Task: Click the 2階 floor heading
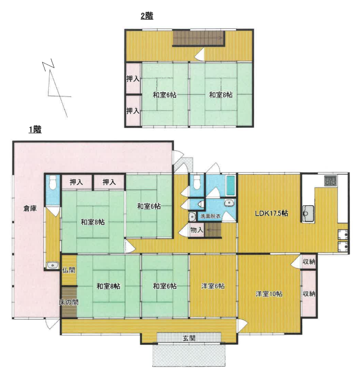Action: click(147, 16)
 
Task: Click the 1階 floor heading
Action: click(35, 130)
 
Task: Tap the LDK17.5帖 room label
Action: click(271, 213)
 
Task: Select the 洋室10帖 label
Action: click(269, 294)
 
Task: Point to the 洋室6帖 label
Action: click(213, 286)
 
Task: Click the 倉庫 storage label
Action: click(30, 209)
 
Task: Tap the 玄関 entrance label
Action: click(189, 338)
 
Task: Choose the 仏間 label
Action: click(69, 270)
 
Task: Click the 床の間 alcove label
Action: click(69, 302)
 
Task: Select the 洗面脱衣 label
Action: click(211, 217)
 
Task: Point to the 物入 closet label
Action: click(197, 229)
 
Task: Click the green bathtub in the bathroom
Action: click(230, 186)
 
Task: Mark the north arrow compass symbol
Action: click(57, 90)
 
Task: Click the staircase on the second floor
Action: click(199, 38)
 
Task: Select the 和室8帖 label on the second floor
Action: click(221, 95)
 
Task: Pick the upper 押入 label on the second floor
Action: click(133, 79)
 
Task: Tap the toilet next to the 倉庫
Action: click(52, 182)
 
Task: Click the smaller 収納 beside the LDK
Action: click(309, 262)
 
